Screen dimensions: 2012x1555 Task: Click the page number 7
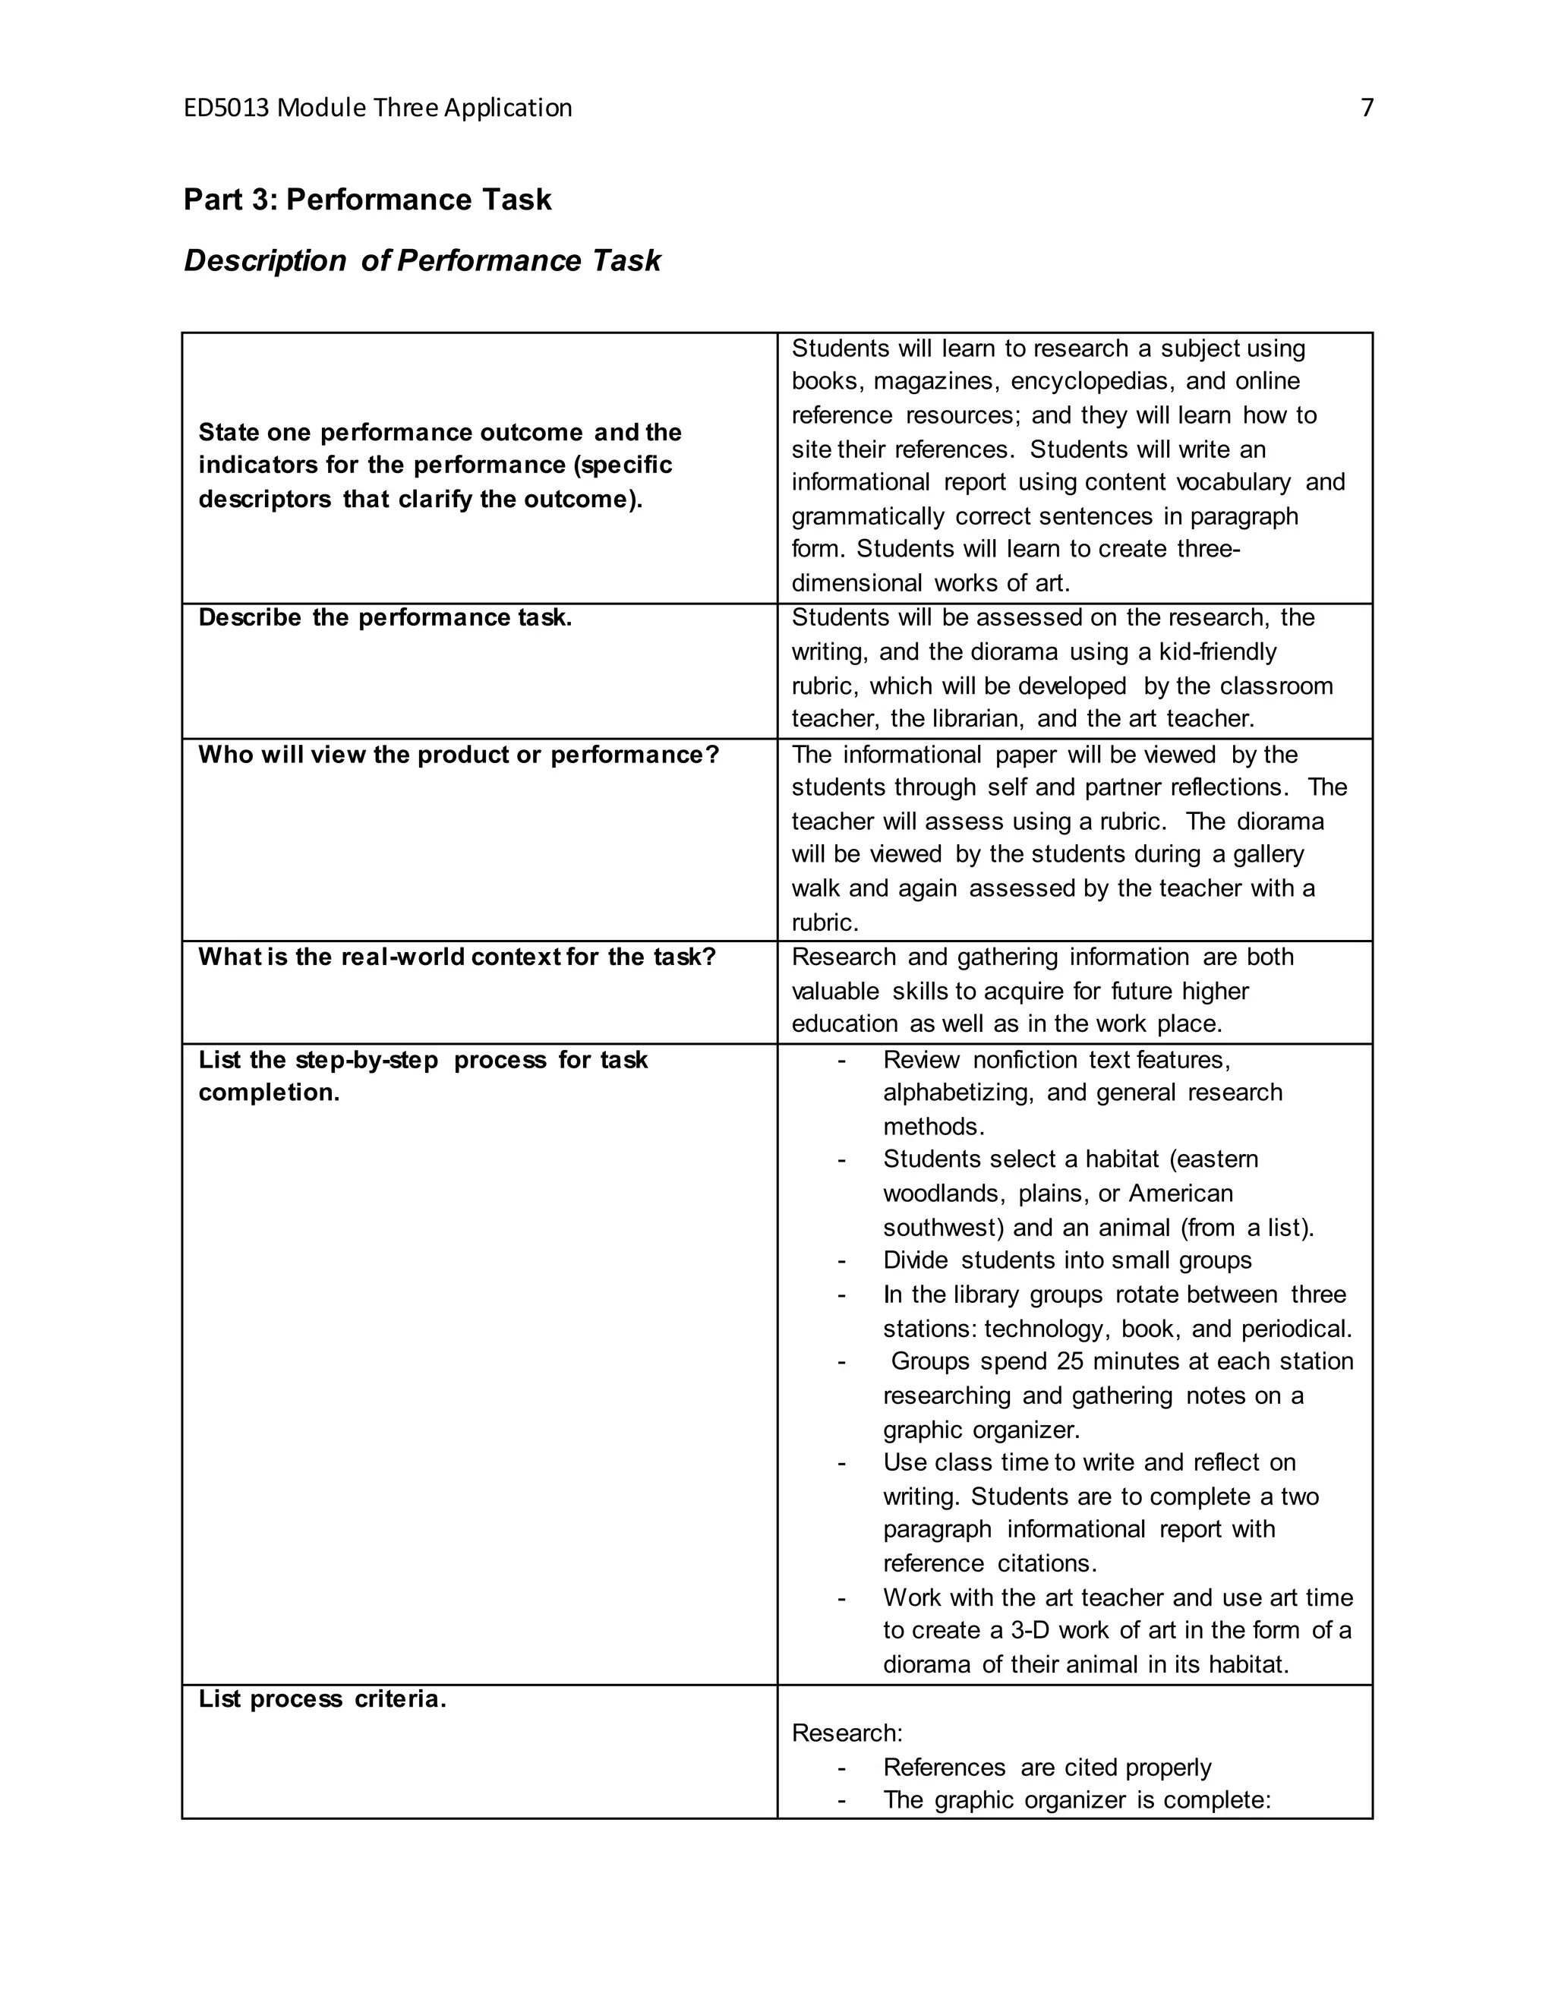(1367, 109)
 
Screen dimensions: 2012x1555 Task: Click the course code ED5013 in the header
(226, 109)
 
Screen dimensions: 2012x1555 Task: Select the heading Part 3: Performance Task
(367, 199)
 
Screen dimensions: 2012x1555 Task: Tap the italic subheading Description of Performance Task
(422, 260)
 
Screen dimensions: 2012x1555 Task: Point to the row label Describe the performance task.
(385, 617)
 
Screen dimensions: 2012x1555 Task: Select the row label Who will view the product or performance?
(458, 755)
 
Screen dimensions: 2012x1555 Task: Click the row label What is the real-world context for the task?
(457, 957)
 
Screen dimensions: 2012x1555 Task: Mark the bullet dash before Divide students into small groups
(841, 1261)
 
